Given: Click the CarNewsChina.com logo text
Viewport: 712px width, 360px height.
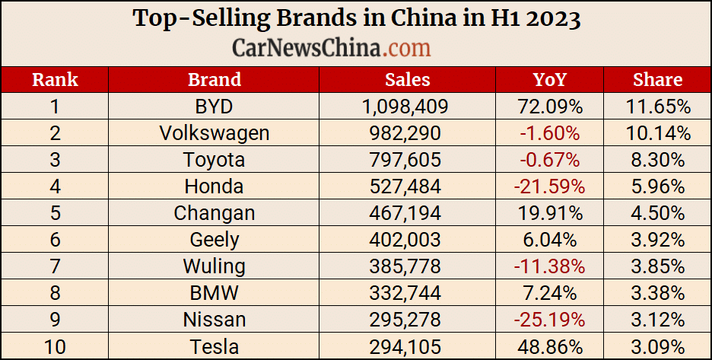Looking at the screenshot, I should (x=331, y=48).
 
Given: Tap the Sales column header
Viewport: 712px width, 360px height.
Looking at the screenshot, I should (x=407, y=80).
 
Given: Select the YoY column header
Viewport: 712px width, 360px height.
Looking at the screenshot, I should (x=549, y=80).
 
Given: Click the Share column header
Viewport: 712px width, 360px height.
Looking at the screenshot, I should (x=657, y=80).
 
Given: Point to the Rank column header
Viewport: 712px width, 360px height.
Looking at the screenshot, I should (x=55, y=80).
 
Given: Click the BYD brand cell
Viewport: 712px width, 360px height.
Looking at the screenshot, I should (x=215, y=107).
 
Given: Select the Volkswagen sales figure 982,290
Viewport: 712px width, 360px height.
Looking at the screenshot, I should (x=407, y=133).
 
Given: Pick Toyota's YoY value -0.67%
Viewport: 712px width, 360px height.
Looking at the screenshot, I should (x=549, y=160).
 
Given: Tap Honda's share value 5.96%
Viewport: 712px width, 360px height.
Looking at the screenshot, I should (x=657, y=186).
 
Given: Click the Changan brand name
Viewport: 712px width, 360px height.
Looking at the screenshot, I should (x=215, y=213).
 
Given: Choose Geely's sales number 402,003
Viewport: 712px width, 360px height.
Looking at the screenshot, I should (x=407, y=240).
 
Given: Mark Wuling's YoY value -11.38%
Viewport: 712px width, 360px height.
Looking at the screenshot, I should (x=549, y=266).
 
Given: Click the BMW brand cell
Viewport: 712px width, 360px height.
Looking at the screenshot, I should (x=215, y=293).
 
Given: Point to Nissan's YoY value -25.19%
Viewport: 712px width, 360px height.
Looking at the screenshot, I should (x=549, y=320).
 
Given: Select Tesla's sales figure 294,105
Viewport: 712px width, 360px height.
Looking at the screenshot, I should (x=407, y=347).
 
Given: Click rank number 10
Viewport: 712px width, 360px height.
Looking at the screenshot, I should (x=55, y=347).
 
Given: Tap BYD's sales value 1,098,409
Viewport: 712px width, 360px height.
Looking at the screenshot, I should (x=407, y=107).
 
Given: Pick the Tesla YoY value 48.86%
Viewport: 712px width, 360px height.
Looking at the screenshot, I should (x=549, y=347).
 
